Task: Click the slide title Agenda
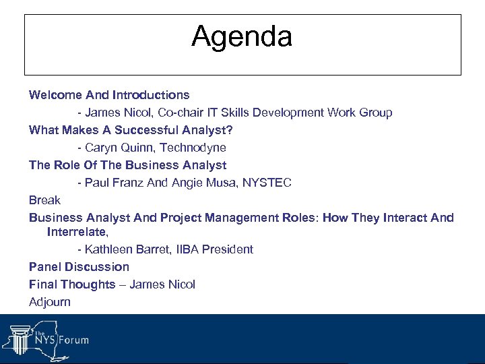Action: [x=242, y=36]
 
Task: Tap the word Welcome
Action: [x=51, y=95]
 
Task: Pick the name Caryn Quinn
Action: [x=119, y=148]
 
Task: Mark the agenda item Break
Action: [x=44, y=200]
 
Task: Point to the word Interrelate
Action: [x=76, y=232]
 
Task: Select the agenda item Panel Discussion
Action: [x=79, y=267]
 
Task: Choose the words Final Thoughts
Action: [x=72, y=284]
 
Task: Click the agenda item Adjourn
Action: [x=50, y=302]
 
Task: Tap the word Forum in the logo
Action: [x=73, y=340]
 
